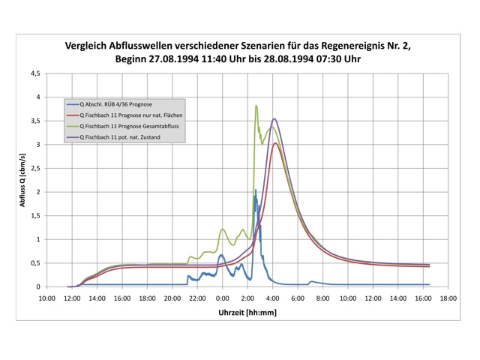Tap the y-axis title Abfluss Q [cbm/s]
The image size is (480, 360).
coord(25,180)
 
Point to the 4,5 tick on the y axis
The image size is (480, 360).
coord(35,73)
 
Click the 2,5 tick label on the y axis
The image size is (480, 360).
coord(35,168)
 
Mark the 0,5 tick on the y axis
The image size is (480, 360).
coord(35,263)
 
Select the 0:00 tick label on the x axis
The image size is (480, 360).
coord(222,298)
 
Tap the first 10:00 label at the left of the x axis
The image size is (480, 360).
coord(46,298)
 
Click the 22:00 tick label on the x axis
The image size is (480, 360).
coord(197,298)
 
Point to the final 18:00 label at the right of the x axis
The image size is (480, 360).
coord(448,298)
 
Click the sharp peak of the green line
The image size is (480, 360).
coord(256,106)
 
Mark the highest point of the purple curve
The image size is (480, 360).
coord(274,118)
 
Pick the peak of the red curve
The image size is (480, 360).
coord(275,143)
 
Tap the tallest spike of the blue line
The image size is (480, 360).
coord(255,190)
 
